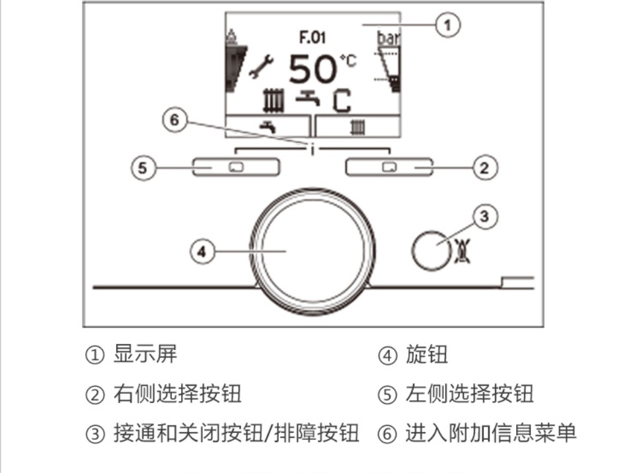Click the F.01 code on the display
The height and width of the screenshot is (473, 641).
[x=313, y=37]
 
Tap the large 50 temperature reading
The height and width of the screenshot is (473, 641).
[x=313, y=69]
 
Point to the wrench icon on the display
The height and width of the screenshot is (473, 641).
[x=261, y=67]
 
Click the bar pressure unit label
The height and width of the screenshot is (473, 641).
[x=388, y=38]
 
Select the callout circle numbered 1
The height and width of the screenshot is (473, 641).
[x=447, y=25]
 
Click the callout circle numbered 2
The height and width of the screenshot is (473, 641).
[x=485, y=168]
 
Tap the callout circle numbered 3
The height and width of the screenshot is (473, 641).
[x=485, y=217]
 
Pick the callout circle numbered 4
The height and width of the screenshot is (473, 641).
[x=202, y=252]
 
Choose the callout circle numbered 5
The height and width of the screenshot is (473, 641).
[x=143, y=168]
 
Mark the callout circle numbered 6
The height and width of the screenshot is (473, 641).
[x=175, y=120]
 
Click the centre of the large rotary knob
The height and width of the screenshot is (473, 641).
[x=313, y=252]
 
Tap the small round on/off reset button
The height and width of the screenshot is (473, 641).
[x=432, y=250]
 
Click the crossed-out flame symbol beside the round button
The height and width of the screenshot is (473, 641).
[x=463, y=250]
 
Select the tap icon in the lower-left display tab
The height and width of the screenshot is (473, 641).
[x=268, y=127]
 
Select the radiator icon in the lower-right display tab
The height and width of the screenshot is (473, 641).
[x=358, y=127]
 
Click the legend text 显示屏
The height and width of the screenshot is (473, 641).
[x=145, y=354]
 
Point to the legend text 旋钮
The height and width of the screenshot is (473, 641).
[x=426, y=354]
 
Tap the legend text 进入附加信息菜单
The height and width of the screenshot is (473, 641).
[x=490, y=433]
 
